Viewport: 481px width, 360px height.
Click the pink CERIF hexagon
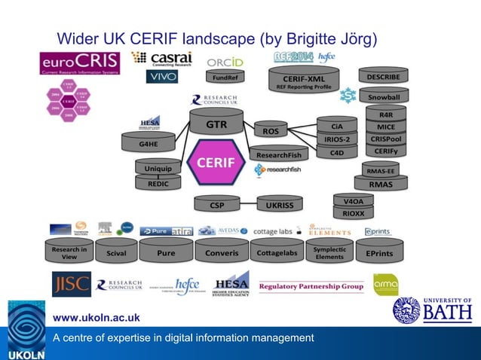tap(216, 162)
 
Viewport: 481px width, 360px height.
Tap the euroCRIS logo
tap(79, 63)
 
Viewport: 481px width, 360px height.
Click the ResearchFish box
tap(278, 155)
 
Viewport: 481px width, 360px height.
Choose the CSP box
tap(217, 203)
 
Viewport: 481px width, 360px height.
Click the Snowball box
tap(384, 98)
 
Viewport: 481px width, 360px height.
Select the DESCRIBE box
tap(384, 77)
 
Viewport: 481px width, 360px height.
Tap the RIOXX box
tap(353, 213)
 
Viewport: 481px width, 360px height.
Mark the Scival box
tap(117, 254)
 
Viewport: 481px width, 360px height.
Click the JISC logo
tap(72, 285)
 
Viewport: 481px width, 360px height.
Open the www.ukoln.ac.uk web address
tap(96, 318)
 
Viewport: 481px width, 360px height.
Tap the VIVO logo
tap(161, 77)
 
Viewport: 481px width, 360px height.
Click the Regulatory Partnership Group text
tap(311, 286)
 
